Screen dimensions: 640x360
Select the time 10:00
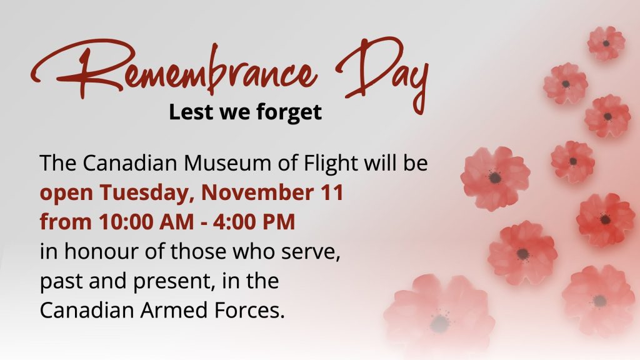click(x=126, y=222)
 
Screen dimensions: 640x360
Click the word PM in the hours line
click(x=277, y=222)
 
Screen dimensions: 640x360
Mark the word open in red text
click(x=66, y=194)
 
